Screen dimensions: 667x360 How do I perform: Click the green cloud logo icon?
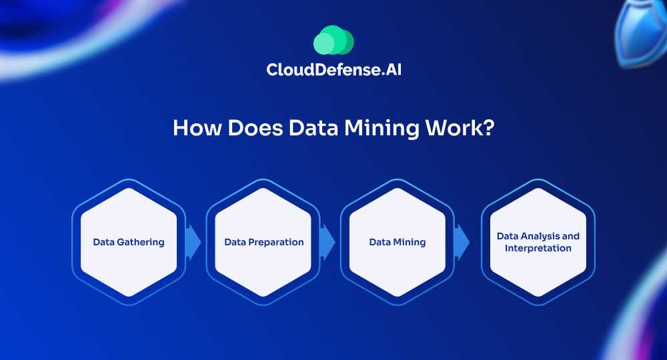[x=333, y=40]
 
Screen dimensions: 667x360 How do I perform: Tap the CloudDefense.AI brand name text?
[x=334, y=70]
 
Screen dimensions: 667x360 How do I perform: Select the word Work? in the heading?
[x=460, y=127]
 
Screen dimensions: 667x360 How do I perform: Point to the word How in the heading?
[x=197, y=127]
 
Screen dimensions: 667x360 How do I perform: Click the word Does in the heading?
[x=255, y=127]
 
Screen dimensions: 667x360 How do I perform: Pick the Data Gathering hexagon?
[x=129, y=242]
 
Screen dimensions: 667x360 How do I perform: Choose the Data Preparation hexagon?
[x=263, y=242]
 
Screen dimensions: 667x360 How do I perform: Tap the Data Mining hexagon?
[x=398, y=242]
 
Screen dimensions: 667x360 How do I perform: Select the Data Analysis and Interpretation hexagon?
[x=538, y=242]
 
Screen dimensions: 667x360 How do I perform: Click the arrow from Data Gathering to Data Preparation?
[x=193, y=242]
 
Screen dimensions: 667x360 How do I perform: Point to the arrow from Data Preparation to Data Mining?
[x=327, y=242]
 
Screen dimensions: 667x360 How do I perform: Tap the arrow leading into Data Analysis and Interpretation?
[x=462, y=242]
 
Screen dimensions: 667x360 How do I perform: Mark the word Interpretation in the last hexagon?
[x=538, y=248]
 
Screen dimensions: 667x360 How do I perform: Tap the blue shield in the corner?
[x=640, y=32]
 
